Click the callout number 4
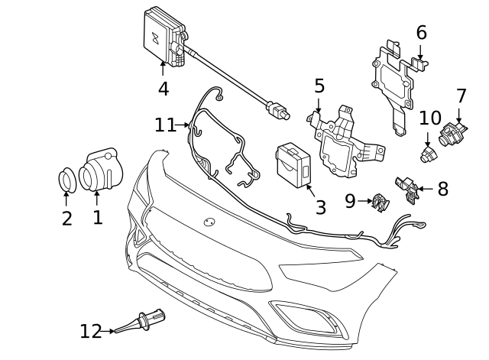click(x=163, y=89)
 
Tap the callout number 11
click(x=165, y=125)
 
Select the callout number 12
click(x=91, y=331)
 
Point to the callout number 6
click(x=421, y=33)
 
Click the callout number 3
click(x=320, y=207)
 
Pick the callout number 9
click(x=350, y=201)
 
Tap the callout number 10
click(x=430, y=118)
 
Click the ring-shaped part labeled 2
click(x=67, y=180)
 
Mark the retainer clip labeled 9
click(x=378, y=201)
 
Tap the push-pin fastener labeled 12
click(x=142, y=322)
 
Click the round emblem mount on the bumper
click(x=209, y=221)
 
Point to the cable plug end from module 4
click(x=280, y=113)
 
